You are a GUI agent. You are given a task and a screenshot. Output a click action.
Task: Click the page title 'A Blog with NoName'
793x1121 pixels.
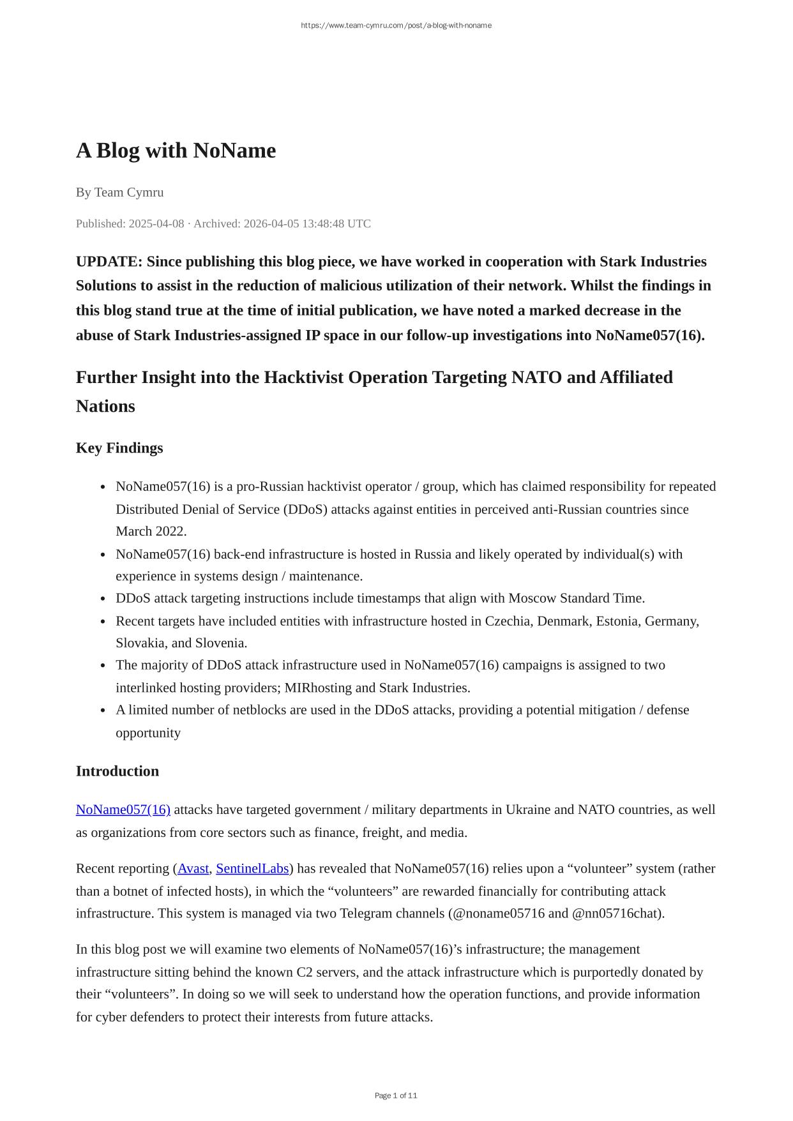click(176, 151)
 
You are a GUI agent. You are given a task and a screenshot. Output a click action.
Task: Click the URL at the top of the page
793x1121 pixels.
click(396, 26)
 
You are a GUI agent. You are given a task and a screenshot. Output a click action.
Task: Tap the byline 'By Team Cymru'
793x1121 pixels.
click(119, 192)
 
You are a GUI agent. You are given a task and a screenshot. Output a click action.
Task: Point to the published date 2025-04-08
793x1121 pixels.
click(156, 223)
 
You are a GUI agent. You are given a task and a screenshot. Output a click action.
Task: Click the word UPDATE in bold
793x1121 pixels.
click(109, 262)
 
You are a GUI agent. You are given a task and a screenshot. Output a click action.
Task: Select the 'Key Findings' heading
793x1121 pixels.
click(119, 448)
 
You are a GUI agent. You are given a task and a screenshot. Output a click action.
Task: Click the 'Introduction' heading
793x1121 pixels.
click(117, 771)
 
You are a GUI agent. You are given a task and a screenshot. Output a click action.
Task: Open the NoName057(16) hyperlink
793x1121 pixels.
click(123, 810)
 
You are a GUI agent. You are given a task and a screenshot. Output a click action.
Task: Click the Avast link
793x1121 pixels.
click(193, 869)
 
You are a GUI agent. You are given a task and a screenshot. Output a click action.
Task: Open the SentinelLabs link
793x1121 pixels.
click(252, 869)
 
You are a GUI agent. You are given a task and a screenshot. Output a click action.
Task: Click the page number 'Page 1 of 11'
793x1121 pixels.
click(396, 1095)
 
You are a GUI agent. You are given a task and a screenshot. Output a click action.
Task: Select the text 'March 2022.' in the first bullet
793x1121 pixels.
click(151, 532)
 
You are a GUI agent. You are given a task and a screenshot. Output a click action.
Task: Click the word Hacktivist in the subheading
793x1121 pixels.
click(304, 378)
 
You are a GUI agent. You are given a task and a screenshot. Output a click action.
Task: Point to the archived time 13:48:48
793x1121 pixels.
click(317, 223)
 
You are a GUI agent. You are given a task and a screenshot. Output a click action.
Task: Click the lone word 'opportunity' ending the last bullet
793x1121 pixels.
click(148, 733)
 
